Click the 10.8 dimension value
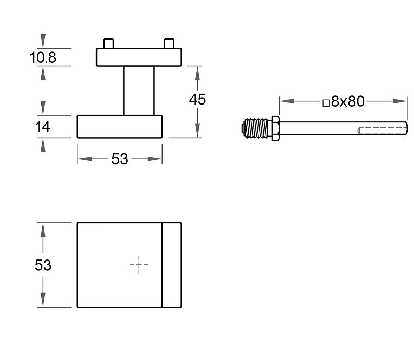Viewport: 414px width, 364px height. click(43, 57)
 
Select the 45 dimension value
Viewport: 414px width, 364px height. click(197, 99)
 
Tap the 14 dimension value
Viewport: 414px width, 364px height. click(43, 127)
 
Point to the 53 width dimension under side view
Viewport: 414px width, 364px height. click(119, 159)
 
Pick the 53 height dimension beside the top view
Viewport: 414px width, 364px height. click(43, 265)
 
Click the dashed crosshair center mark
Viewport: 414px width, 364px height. click(139, 265)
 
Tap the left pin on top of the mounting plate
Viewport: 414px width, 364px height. click(108, 43)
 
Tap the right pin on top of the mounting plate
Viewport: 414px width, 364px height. click(169, 43)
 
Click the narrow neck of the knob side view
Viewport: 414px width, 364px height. click(139, 90)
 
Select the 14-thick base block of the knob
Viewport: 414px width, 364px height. click(119, 127)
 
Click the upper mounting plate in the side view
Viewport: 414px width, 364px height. click(139, 57)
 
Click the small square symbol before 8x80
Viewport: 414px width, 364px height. click(326, 102)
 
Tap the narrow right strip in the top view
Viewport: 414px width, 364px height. click(172, 265)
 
